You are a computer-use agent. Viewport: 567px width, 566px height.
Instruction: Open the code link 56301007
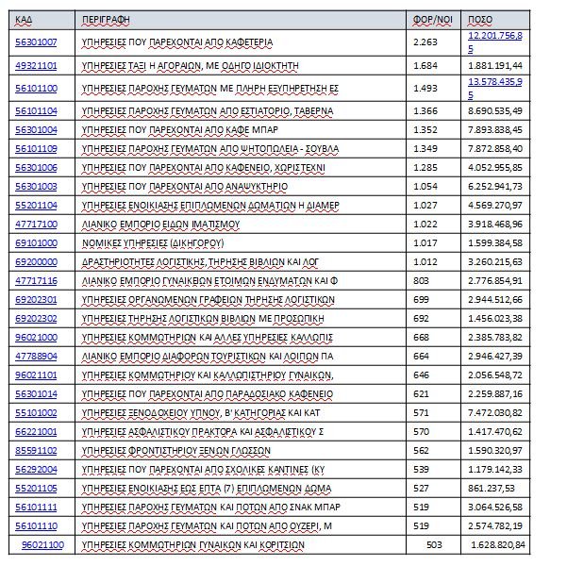[x=36, y=41]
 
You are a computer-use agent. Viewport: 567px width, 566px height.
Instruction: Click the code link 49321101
[x=36, y=64]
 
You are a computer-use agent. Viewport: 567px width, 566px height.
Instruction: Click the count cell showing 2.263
[x=425, y=41]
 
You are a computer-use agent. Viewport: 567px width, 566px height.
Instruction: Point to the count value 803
[x=421, y=281]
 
